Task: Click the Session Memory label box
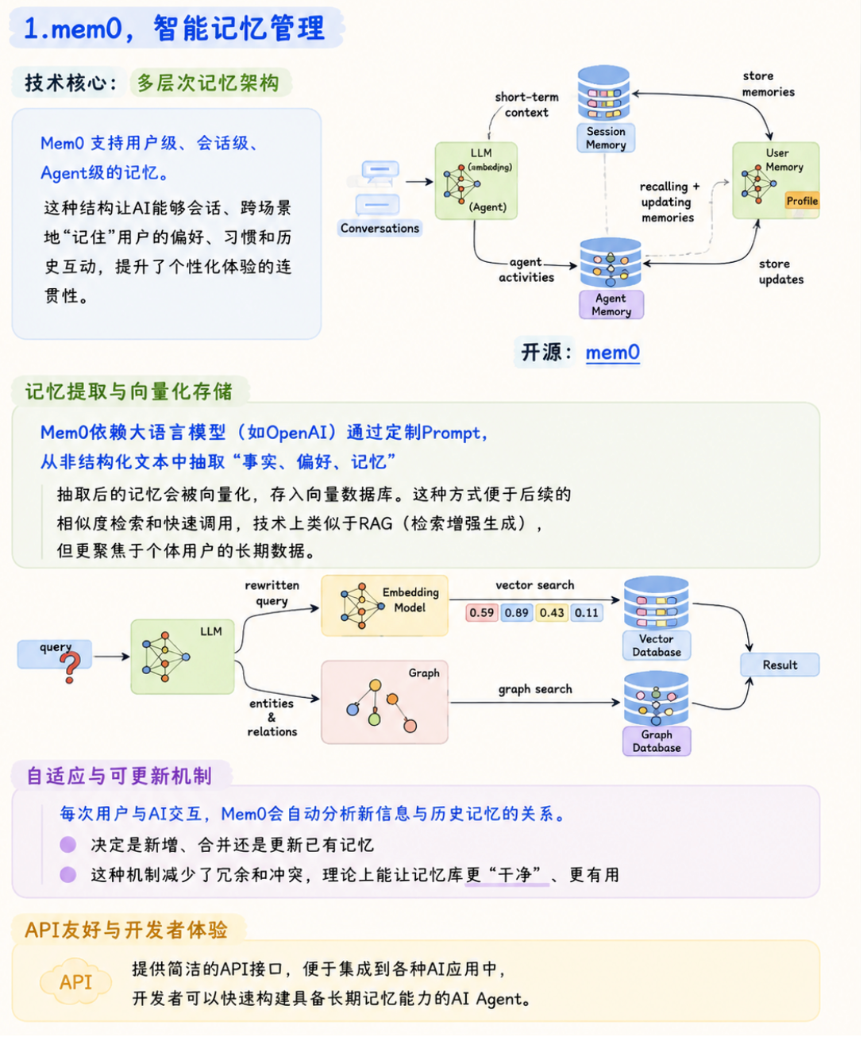[605, 137]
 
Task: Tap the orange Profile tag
[801, 201]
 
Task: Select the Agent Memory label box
[611, 304]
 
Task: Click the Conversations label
[380, 228]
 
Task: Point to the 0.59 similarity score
[481, 612]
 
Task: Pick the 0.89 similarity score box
[516, 612]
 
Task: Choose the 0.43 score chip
[552, 612]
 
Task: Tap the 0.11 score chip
[587, 612]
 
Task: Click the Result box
[780, 665]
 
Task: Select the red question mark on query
[70, 667]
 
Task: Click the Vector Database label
[657, 645]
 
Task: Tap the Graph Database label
[657, 741]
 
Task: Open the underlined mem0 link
[613, 353]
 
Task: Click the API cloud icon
[75, 982]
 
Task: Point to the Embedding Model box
[384, 605]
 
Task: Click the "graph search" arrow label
[535, 689]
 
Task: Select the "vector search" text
[535, 585]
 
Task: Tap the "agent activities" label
[526, 270]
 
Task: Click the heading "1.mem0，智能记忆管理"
[175, 29]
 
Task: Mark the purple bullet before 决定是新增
[68, 844]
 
